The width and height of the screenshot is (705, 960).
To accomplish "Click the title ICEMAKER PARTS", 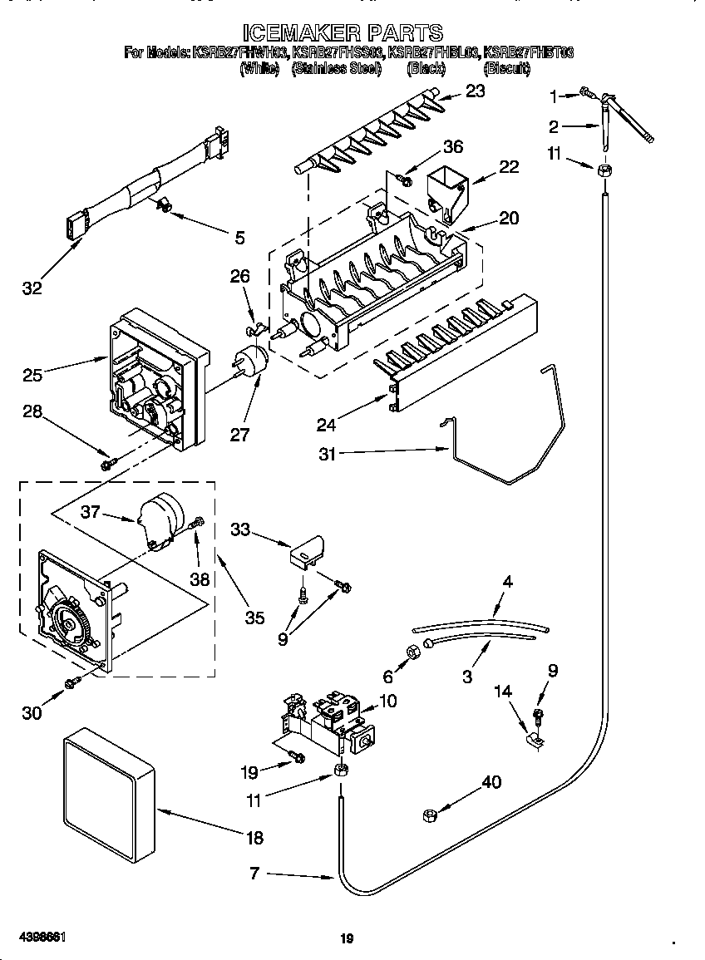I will point(343,32).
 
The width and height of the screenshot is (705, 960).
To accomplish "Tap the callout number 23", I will point(474,91).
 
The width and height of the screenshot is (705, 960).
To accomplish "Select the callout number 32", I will point(31,288).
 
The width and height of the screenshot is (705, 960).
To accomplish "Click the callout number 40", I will point(491,782).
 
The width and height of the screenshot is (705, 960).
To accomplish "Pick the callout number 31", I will point(327,454).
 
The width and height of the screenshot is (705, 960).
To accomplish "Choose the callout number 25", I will point(32,375).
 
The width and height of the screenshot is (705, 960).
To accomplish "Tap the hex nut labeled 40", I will point(430,815).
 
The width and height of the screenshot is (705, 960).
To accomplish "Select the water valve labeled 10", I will point(328,720).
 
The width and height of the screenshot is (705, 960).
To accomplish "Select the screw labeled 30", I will point(73,682).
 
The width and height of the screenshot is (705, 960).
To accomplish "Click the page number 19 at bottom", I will point(347,939).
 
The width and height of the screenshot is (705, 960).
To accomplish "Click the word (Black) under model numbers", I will point(426,70).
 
